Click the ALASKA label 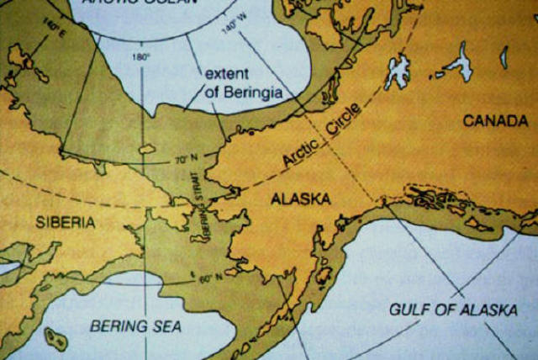tap(299, 199)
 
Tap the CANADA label tap(496, 121)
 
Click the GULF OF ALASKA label tap(453, 310)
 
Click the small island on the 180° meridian tap(146, 148)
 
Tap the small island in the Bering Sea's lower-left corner tap(56, 339)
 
